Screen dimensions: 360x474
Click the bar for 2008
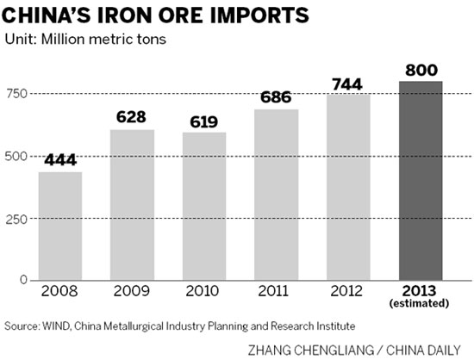click(x=60, y=226)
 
